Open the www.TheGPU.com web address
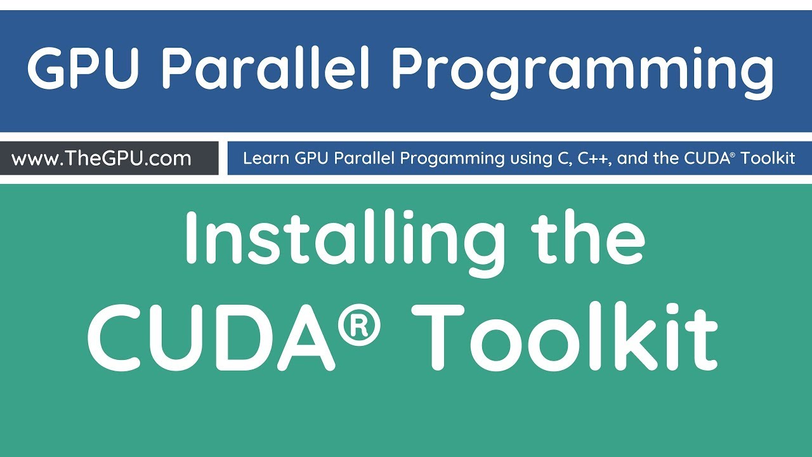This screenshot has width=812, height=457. coord(101,158)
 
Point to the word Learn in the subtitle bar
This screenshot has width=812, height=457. coord(266,158)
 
